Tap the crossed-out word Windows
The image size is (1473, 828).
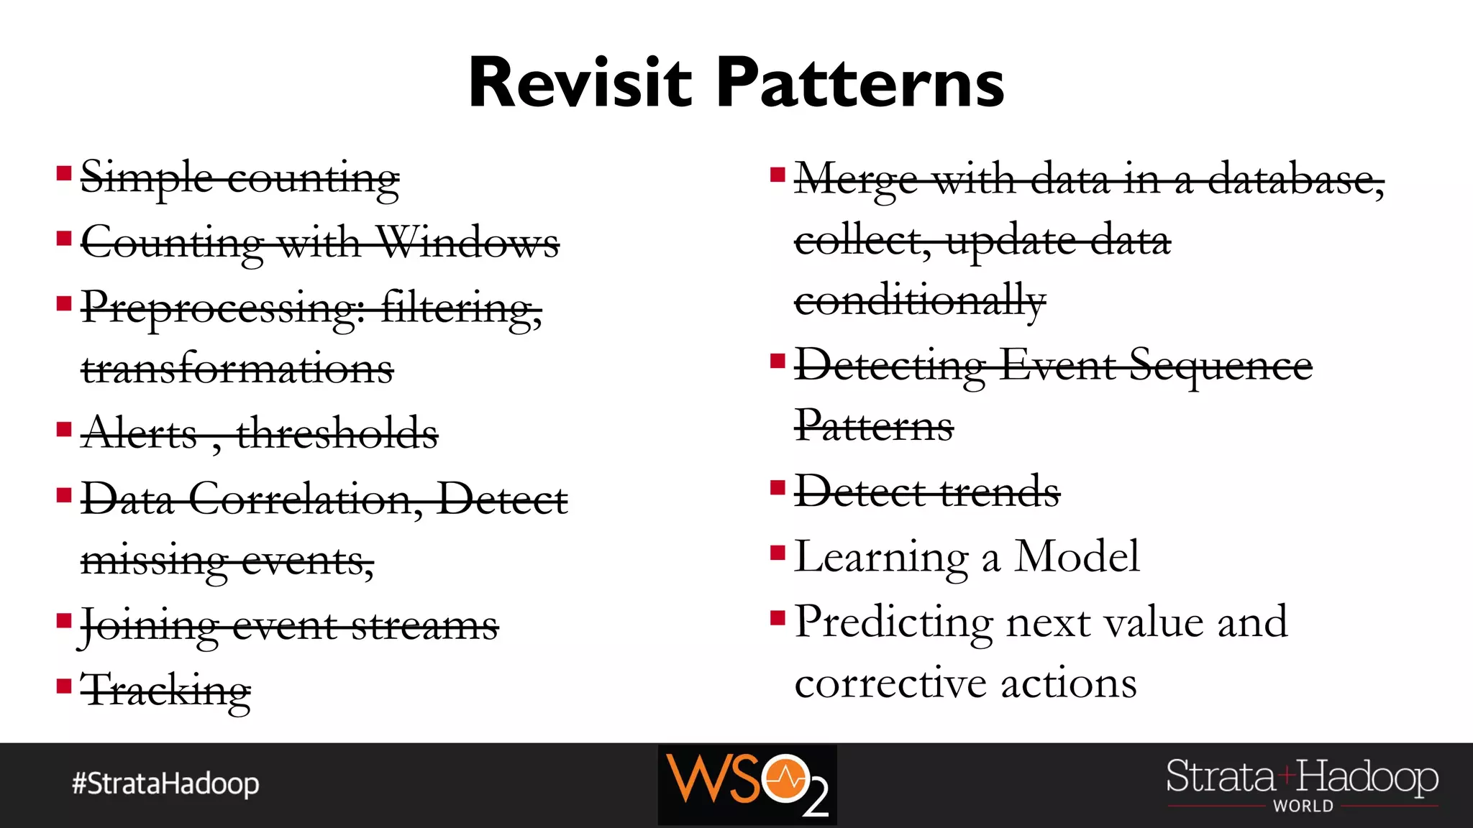pyautogui.click(x=468, y=242)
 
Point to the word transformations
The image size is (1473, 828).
pyautogui.click(x=237, y=369)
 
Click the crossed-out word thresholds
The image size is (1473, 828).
pyautogui.click(x=337, y=433)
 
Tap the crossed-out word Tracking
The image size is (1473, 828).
pyautogui.click(x=166, y=690)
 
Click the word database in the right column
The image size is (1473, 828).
pyautogui.click(x=1295, y=180)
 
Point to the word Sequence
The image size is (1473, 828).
pyautogui.click(x=1221, y=365)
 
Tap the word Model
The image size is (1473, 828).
pyautogui.click(x=1077, y=556)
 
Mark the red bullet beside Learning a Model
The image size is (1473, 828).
pyautogui.click(x=777, y=553)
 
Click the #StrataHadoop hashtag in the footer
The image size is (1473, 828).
pyautogui.click(x=165, y=783)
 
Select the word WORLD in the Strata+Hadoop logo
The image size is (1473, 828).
pyautogui.click(x=1303, y=806)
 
